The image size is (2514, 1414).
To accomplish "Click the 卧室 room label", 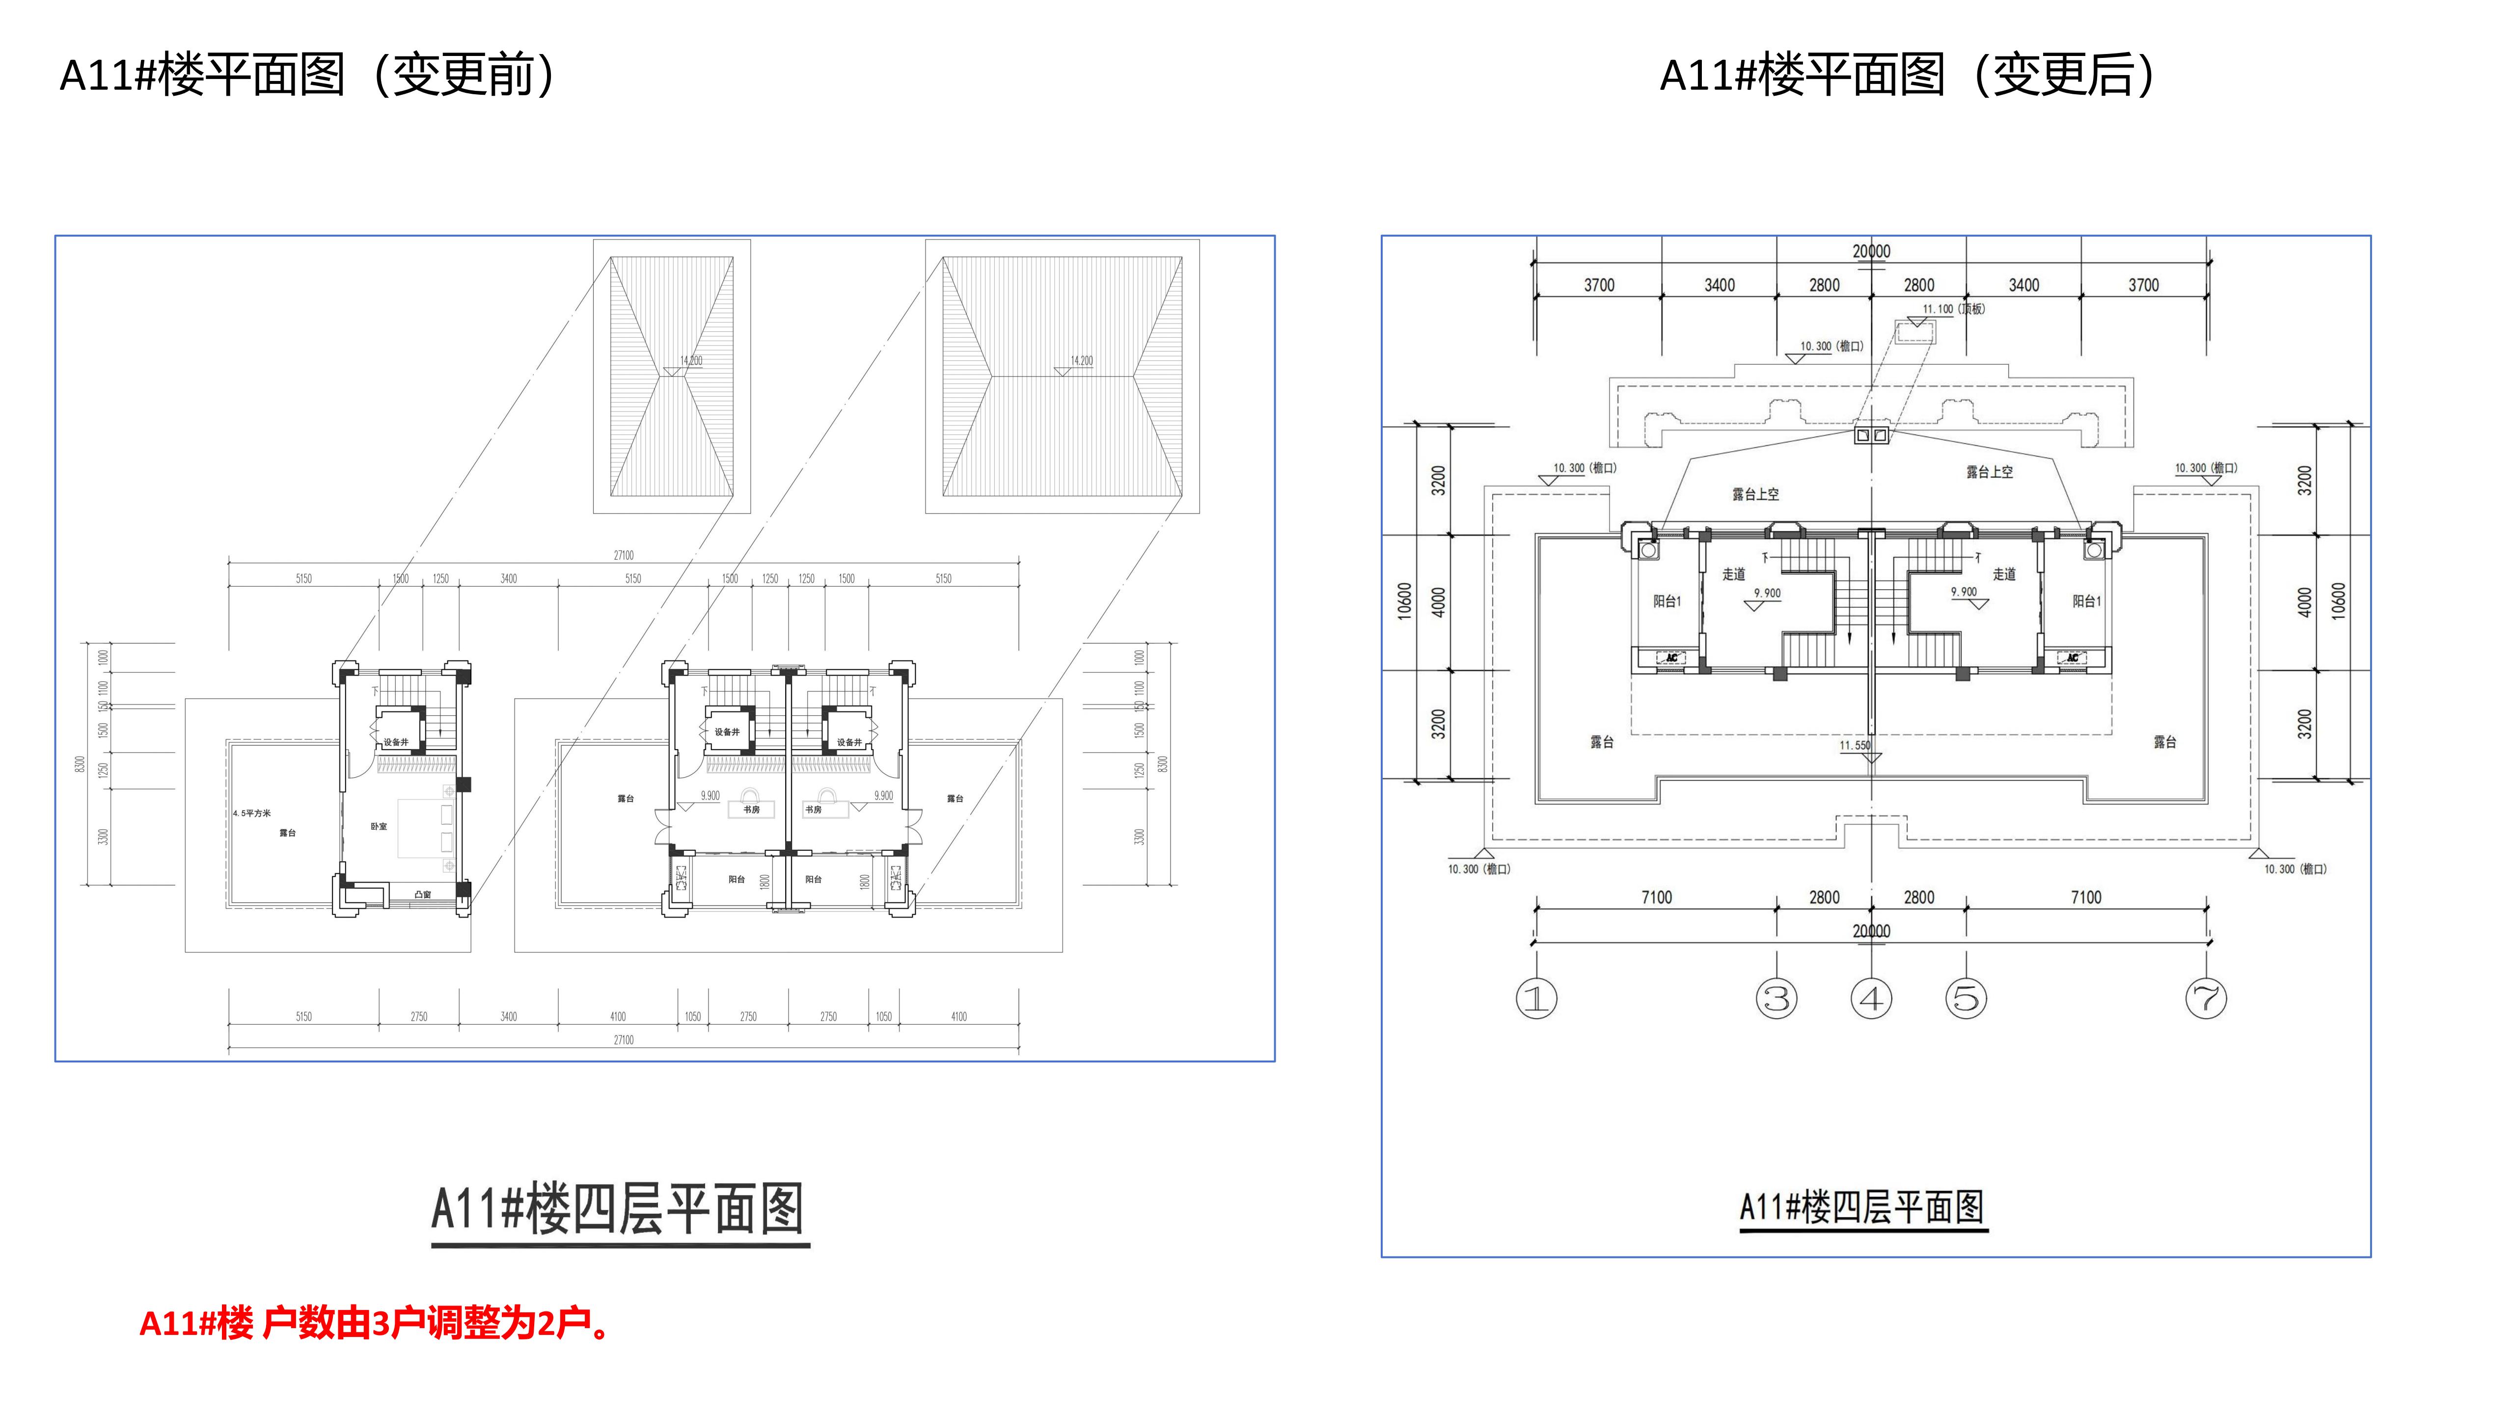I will tap(379, 826).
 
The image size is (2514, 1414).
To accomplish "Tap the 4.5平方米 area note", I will tap(252, 813).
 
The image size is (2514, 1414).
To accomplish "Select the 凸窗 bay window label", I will tap(423, 894).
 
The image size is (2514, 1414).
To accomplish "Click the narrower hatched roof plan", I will tap(671, 377).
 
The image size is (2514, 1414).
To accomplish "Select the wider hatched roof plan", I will tap(1062, 377).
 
